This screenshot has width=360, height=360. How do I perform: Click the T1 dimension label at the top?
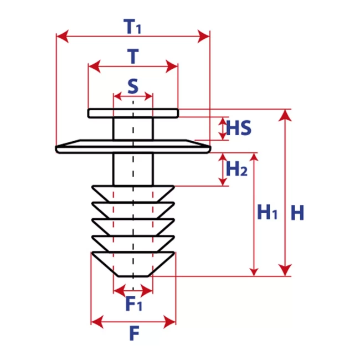click(x=132, y=27)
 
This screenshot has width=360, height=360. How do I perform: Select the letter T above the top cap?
click(x=133, y=56)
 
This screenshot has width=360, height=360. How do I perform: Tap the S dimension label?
click(x=133, y=86)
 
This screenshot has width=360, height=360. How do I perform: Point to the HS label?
click(x=239, y=128)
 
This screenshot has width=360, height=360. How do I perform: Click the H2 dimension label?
click(x=236, y=169)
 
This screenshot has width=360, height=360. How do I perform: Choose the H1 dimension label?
click(x=268, y=212)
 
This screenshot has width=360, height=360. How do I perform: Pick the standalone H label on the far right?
click(x=297, y=213)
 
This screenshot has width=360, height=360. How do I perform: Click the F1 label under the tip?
click(x=134, y=304)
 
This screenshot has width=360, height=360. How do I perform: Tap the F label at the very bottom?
click(x=135, y=333)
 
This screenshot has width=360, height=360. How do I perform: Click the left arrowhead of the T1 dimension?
click(x=63, y=36)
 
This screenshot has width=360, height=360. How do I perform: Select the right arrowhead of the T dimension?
click(x=172, y=66)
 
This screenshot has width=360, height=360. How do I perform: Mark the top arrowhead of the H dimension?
click(x=285, y=115)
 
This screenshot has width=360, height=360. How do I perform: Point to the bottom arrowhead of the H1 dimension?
click(x=254, y=270)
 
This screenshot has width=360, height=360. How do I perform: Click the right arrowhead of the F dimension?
click(x=169, y=322)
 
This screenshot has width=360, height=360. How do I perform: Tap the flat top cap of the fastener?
click(x=133, y=113)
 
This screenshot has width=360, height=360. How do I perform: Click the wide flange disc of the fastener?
click(x=133, y=146)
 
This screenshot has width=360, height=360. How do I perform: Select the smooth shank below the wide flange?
click(x=133, y=169)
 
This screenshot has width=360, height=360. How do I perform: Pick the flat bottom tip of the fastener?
click(x=133, y=276)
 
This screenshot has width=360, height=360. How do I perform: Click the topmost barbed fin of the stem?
click(x=133, y=194)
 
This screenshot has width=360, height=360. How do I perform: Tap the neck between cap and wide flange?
click(x=133, y=128)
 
